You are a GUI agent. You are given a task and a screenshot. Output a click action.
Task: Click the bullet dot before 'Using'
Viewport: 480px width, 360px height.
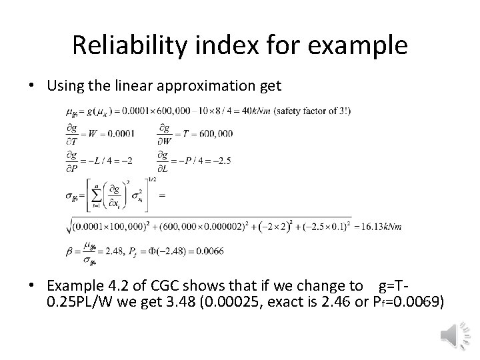coord(32,87)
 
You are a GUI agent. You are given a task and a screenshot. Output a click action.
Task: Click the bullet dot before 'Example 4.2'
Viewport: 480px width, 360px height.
coord(32,287)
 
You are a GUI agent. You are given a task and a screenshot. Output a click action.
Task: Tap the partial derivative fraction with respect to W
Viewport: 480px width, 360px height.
coord(164,133)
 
